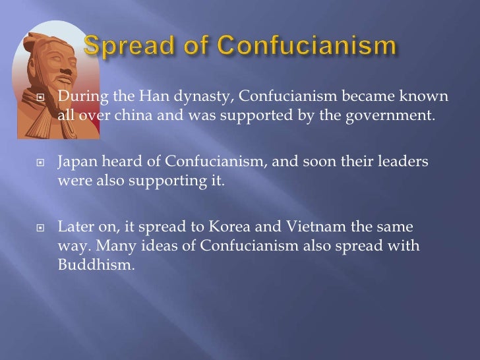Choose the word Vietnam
(x=315, y=227)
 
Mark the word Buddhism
(x=92, y=266)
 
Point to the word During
(x=78, y=98)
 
